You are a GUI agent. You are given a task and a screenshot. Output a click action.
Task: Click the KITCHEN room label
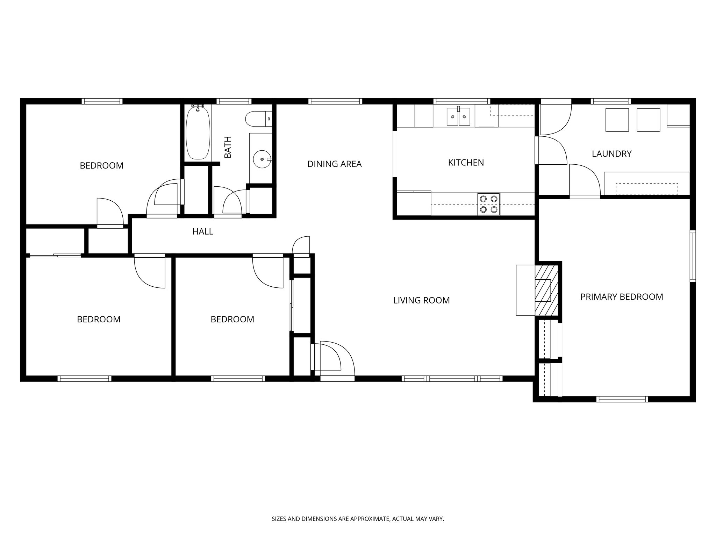pos(466,163)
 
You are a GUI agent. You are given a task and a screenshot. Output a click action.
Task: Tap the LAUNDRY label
pos(611,154)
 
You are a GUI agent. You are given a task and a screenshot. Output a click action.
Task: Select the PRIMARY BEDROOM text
pos(621,297)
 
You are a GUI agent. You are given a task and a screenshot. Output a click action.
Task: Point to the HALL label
pos(202,231)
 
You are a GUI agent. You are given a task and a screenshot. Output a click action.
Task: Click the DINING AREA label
pos(334,164)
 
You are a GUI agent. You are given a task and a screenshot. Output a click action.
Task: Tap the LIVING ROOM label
pos(421,300)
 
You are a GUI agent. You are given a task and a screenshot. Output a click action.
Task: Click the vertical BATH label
pos(228,147)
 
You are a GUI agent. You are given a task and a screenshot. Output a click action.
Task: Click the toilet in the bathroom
pos(258,119)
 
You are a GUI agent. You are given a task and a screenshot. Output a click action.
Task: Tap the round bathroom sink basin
pos(262,159)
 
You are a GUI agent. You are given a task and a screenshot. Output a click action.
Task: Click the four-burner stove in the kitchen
pos(488,204)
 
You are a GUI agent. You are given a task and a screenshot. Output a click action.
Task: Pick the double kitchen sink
pos(458,117)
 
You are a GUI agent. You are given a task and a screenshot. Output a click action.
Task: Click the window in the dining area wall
pos(335,101)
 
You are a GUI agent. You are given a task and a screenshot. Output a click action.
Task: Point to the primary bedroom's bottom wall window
pos(622,399)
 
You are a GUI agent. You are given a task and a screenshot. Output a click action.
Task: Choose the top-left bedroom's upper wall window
pos(102,101)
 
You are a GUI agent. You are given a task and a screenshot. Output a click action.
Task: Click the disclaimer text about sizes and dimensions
pos(358,519)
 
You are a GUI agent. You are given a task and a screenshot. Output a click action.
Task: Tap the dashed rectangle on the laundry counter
pos(646,189)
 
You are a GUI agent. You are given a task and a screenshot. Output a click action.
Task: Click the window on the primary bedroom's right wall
pos(693,256)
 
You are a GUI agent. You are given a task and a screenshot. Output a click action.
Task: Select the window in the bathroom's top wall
pos(234,101)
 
